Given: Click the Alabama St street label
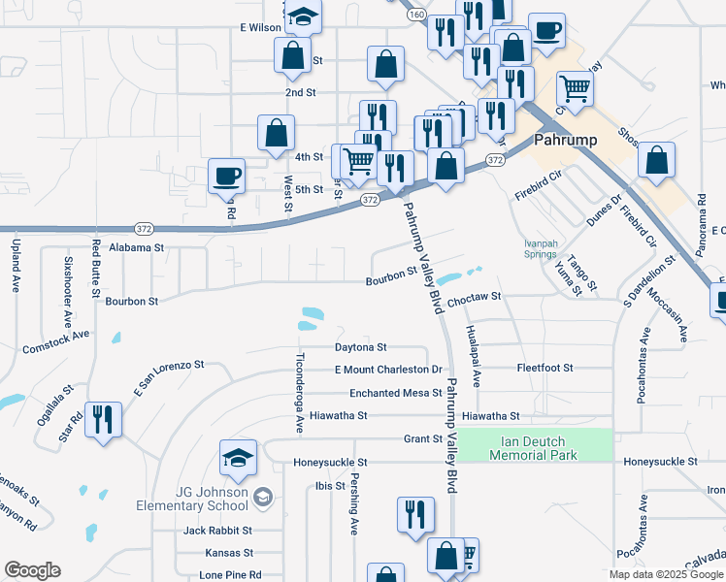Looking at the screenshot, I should [x=136, y=248].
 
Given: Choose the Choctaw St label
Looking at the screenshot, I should [x=475, y=296].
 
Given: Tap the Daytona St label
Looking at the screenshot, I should [x=361, y=346].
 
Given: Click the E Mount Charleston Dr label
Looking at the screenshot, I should [x=388, y=370].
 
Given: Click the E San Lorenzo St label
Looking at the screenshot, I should [x=169, y=376].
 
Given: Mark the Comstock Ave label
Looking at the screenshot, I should [x=55, y=339].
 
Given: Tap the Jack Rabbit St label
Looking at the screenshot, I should [x=218, y=531].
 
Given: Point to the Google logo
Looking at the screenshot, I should [x=32, y=571].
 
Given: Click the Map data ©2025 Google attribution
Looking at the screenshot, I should [x=666, y=574].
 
